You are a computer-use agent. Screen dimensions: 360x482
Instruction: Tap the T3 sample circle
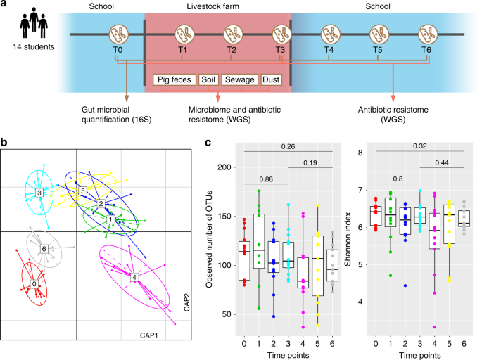point(281,34)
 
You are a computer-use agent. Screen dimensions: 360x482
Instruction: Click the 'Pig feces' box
point(173,79)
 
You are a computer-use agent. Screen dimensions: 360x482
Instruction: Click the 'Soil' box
point(208,79)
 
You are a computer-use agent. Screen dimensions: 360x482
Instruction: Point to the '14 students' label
point(34,46)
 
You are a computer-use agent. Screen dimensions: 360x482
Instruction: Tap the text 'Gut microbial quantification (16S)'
point(125,111)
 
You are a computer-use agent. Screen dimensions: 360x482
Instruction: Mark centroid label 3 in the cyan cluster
point(39,192)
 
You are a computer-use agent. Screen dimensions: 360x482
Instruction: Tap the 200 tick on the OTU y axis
point(225,167)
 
